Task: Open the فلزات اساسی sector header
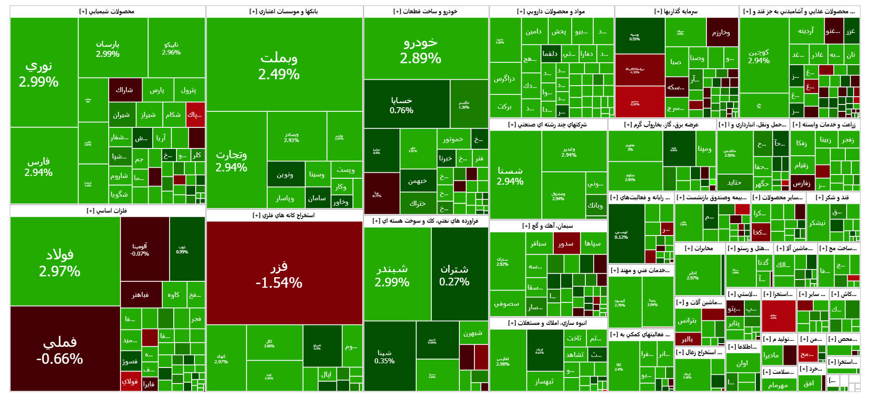pos(107,211)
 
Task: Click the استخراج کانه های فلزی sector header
pos(284,215)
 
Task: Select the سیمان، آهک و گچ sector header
pos(548,226)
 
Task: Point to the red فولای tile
pos(131,382)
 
